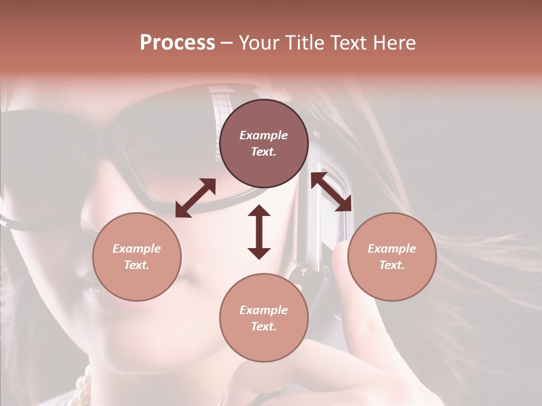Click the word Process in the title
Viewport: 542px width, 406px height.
click(177, 43)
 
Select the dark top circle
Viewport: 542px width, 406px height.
click(264, 144)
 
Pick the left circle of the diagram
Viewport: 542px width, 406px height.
click(137, 257)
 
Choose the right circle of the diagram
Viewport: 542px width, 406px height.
click(392, 257)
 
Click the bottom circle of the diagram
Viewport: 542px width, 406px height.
click(264, 317)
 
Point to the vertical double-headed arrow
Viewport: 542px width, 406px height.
click(259, 232)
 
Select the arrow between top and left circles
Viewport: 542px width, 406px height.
click(195, 198)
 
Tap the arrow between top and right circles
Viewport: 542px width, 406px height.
click(331, 192)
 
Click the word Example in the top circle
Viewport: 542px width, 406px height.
click(264, 135)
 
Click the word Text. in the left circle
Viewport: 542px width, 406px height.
click(137, 265)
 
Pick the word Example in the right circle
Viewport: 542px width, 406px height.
click(392, 249)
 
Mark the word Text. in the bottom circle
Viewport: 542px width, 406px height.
click(264, 326)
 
